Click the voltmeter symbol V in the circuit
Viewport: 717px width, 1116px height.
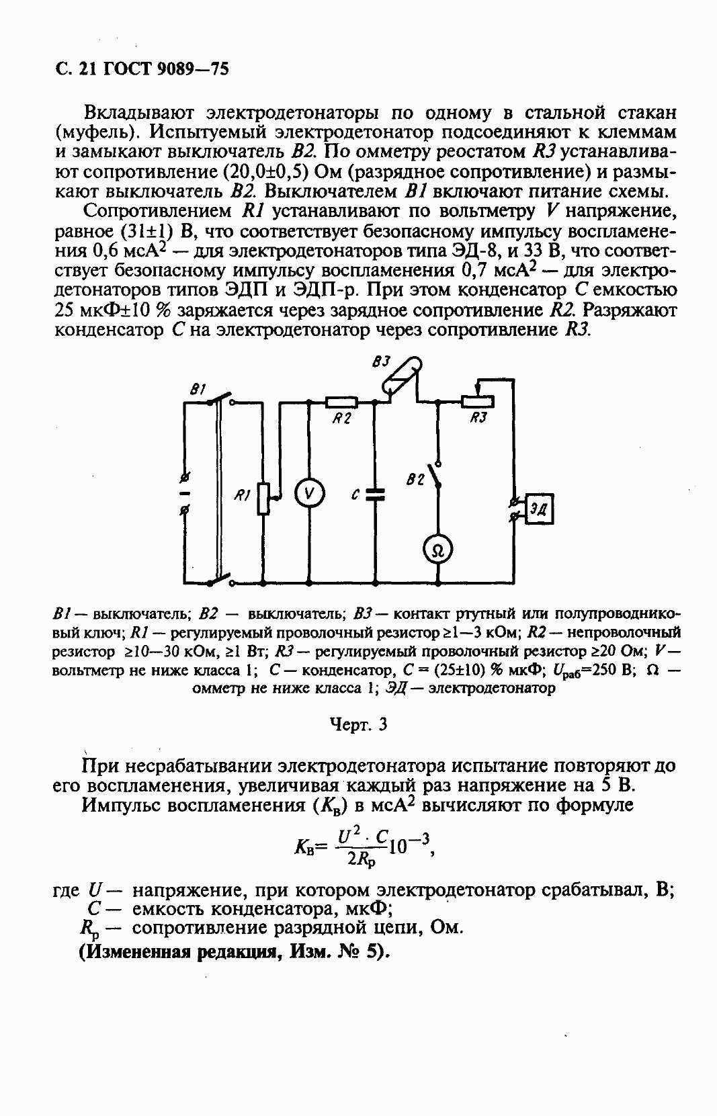[x=309, y=494]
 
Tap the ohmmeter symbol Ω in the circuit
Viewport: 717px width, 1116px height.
[x=438, y=551]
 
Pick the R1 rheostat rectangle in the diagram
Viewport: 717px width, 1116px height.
[x=264, y=498]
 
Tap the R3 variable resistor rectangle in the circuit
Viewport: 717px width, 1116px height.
[x=478, y=402]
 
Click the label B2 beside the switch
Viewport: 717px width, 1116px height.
[x=416, y=480]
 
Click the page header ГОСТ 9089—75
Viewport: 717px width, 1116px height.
[x=164, y=69]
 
